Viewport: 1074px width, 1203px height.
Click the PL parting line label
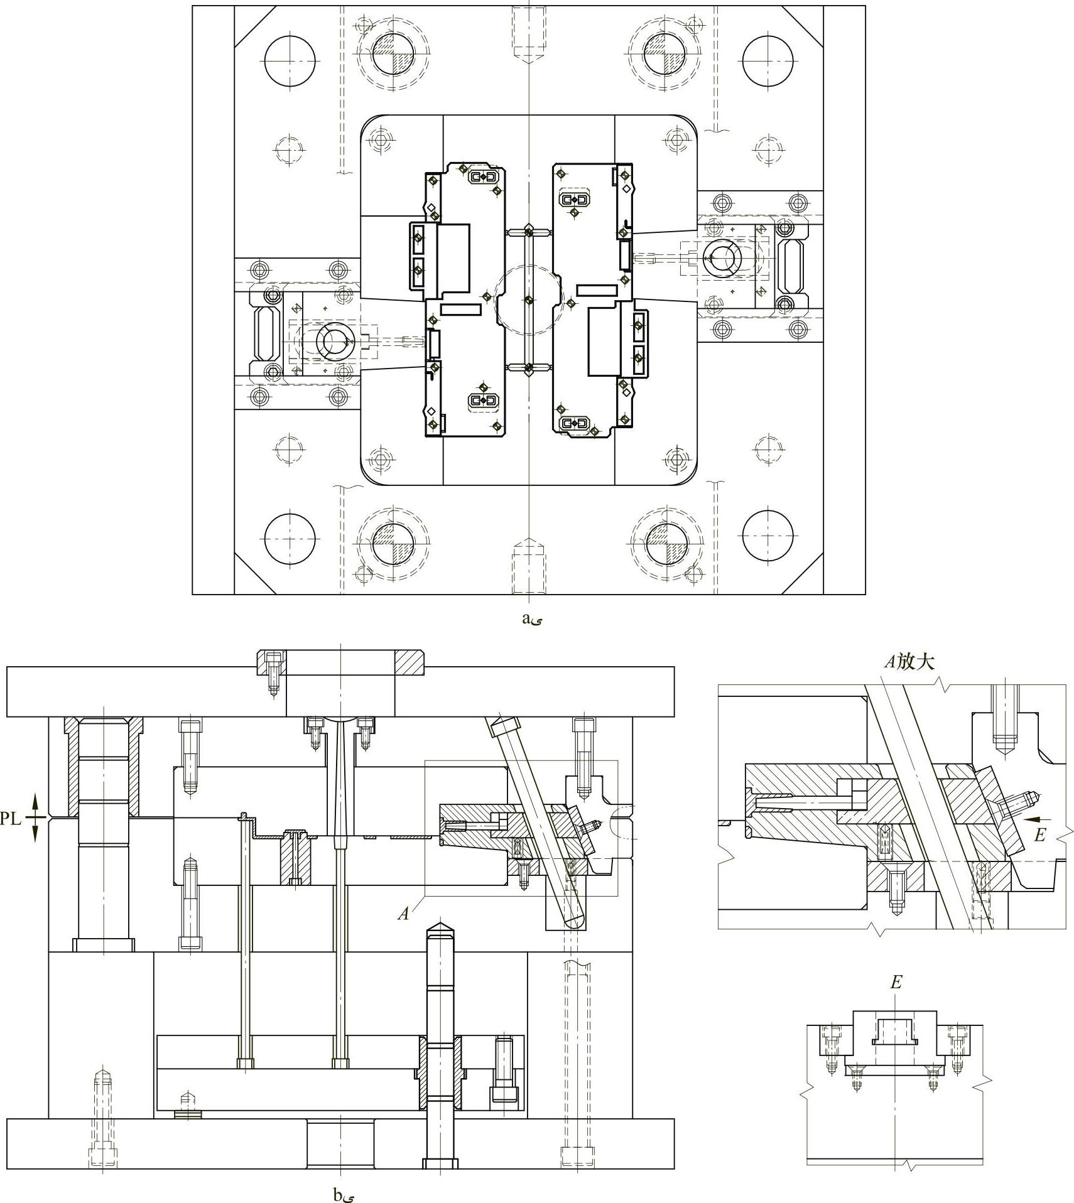[11, 818]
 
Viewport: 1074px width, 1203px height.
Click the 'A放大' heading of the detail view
[909, 661]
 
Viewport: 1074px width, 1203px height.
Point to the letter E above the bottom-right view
[896, 983]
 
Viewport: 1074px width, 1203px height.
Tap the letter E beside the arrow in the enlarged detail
[1039, 834]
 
